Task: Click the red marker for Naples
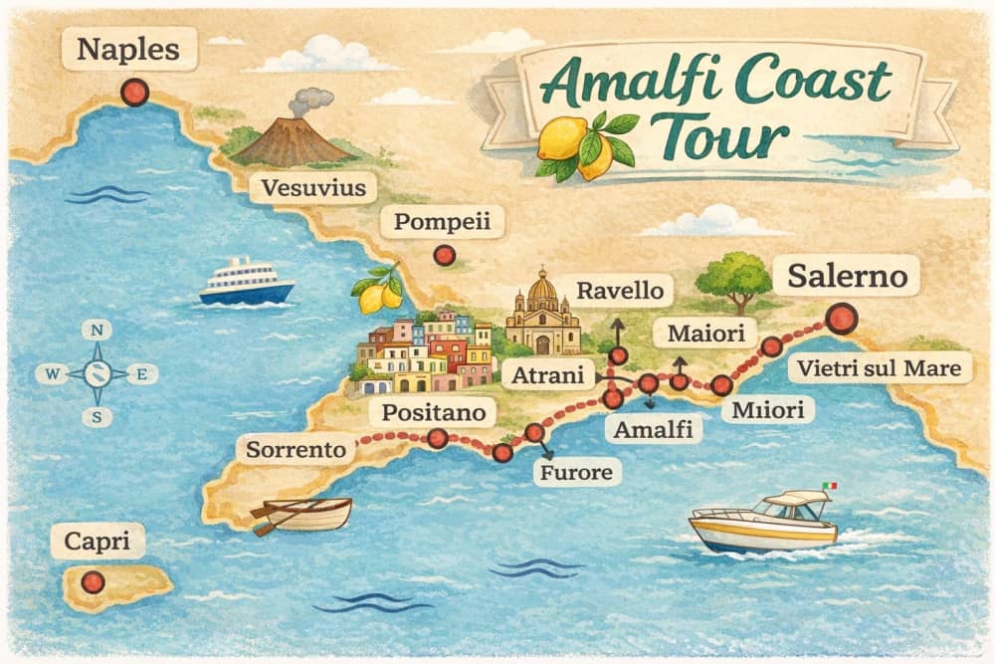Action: [133, 93]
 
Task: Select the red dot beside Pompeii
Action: [444, 255]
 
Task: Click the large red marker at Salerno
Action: [842, 319]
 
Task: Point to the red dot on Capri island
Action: [93, 581]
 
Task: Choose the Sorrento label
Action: [296, 450]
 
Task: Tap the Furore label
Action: [577, 472]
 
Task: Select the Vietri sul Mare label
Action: [881, 369]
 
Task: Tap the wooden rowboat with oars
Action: [303, 514]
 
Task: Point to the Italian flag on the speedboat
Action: [830, 486]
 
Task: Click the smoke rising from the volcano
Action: [310, 101]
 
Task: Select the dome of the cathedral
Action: [542, 289]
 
